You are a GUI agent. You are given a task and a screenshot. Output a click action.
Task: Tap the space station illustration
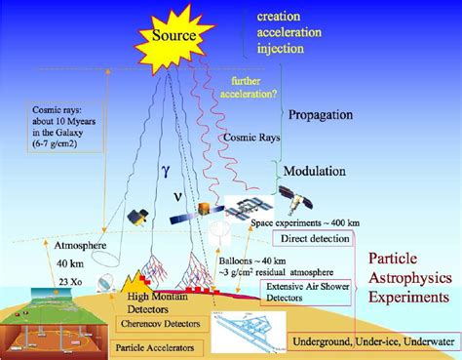click(x=247, y=207)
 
